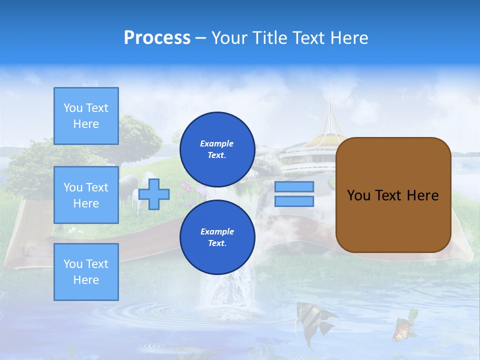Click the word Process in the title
coord(157,38)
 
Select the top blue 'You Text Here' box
coord(86,116)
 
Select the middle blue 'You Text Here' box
coord(86,195)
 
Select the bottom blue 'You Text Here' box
coord(86,271)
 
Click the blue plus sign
coord(154,194)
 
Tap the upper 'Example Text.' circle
coord(217,149)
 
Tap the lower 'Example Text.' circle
coord(217,237)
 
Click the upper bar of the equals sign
coord(294,187)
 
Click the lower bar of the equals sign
coord(294,201)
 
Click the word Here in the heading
coord(348,38)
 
